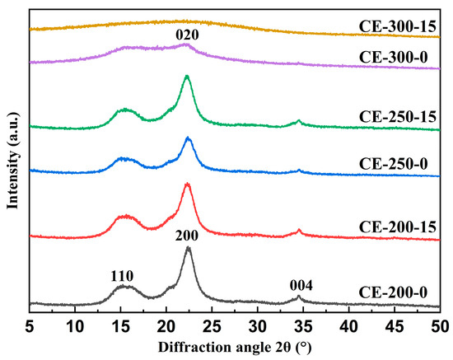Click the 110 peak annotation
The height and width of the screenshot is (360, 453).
(x=121, y=274)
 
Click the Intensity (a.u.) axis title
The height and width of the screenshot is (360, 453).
(x=12, y=157)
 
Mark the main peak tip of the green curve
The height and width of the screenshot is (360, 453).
(x=187, y=77)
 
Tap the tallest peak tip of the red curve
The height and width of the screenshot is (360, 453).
(x=187, y=184)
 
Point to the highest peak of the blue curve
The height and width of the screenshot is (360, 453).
(x=188, y=138)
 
